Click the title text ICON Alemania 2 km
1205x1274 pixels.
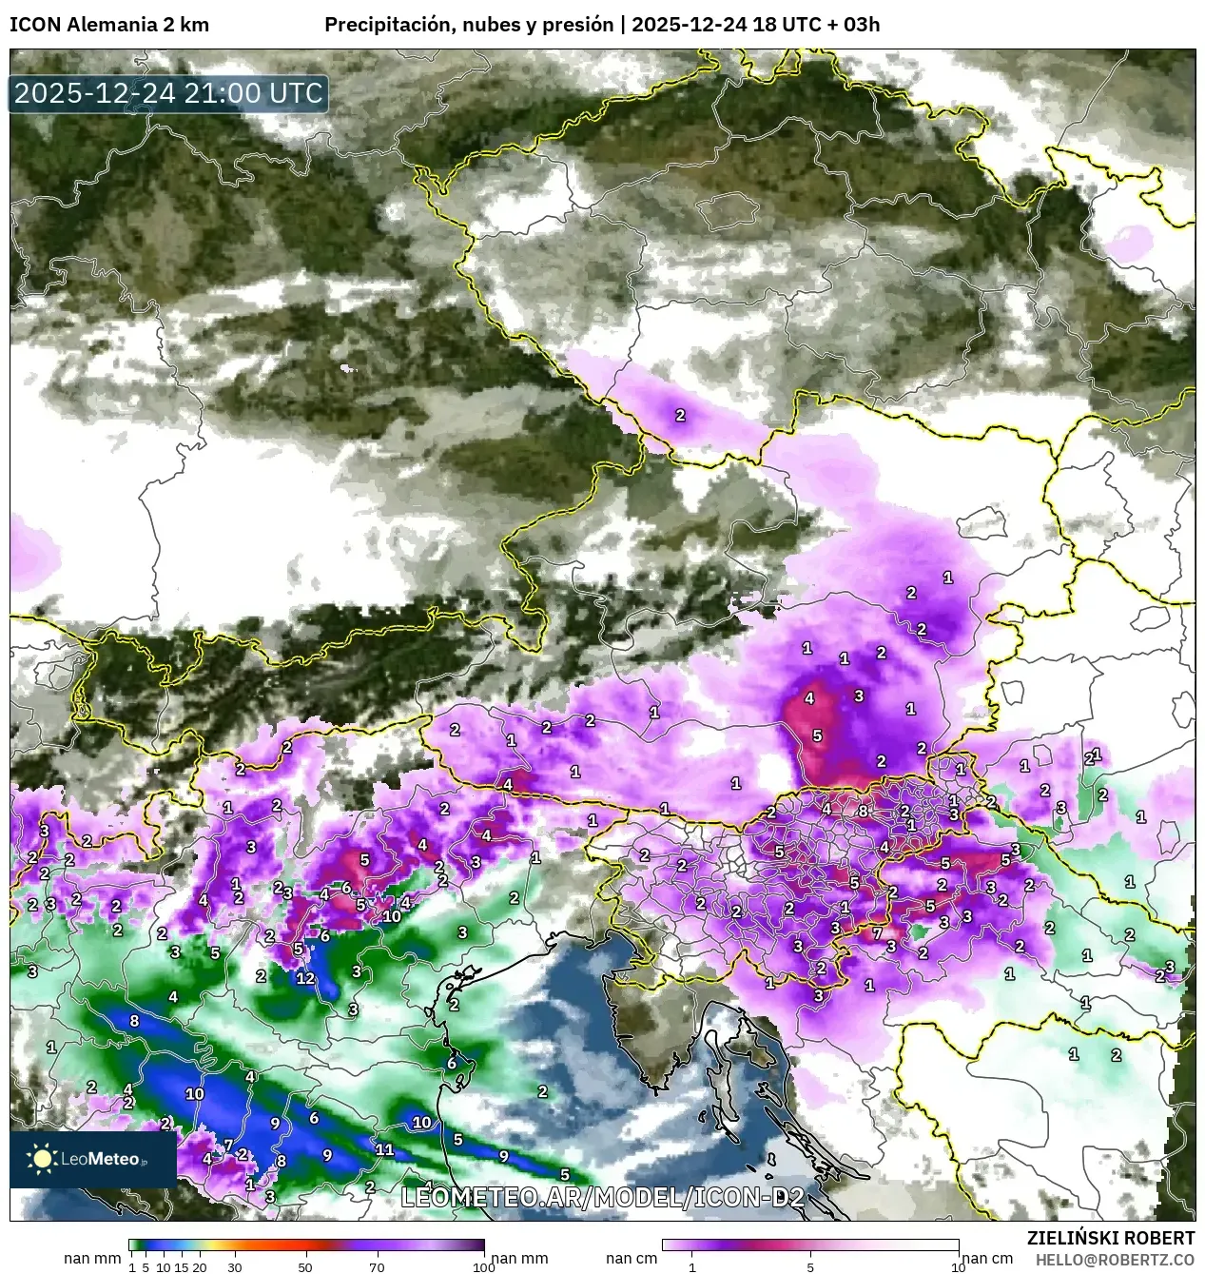click(109, 25)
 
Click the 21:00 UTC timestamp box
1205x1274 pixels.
click(168, 93)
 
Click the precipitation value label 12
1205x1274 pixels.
click(305, 978)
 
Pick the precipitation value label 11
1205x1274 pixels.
click(384, 1149)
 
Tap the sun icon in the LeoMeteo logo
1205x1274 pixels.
click(42, 1158)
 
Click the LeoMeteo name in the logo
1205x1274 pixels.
click(101, 1159)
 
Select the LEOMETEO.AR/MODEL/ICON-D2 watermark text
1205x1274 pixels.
click(603, 1197)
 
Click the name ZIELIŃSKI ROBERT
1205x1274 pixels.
click(1111, 1238)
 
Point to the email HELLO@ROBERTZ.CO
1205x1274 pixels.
click(1115, 1260)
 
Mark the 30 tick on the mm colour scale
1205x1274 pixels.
click(235, 1266)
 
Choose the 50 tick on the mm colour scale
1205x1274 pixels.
click(305, 1266)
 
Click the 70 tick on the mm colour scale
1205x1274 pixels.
click(377, 1266)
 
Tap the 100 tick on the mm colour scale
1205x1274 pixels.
click(483, 1266)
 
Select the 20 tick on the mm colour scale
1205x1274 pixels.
click(200, 1266)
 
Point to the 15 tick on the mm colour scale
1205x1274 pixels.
click(182, 1266)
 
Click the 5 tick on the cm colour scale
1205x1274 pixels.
click(810, 1266)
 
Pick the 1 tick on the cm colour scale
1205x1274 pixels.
click(692, 1266)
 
